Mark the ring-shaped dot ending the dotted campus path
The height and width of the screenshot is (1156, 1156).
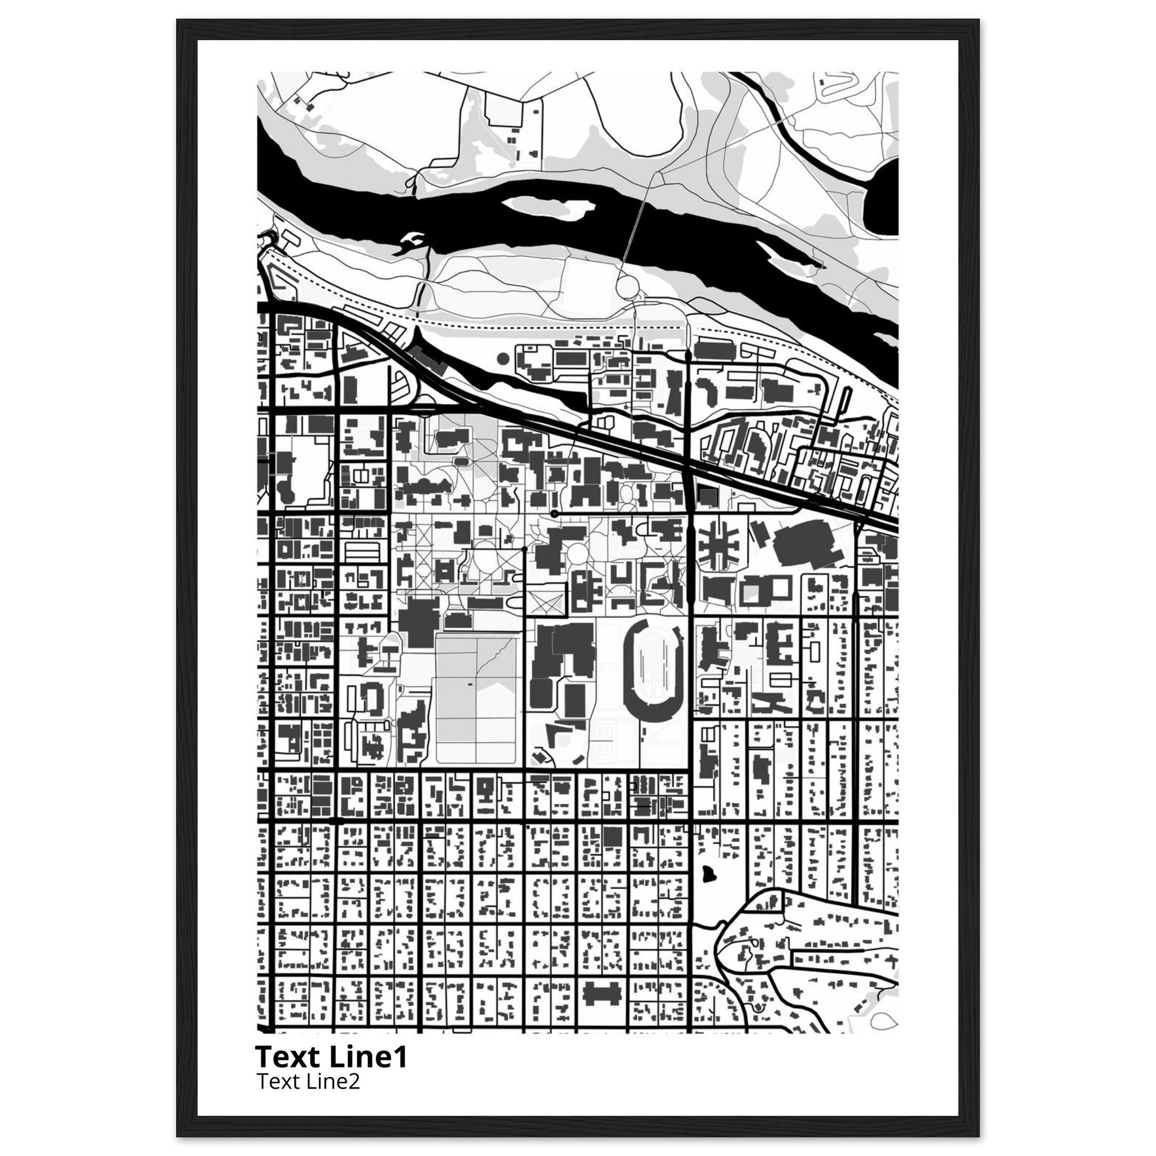[555, 514]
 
